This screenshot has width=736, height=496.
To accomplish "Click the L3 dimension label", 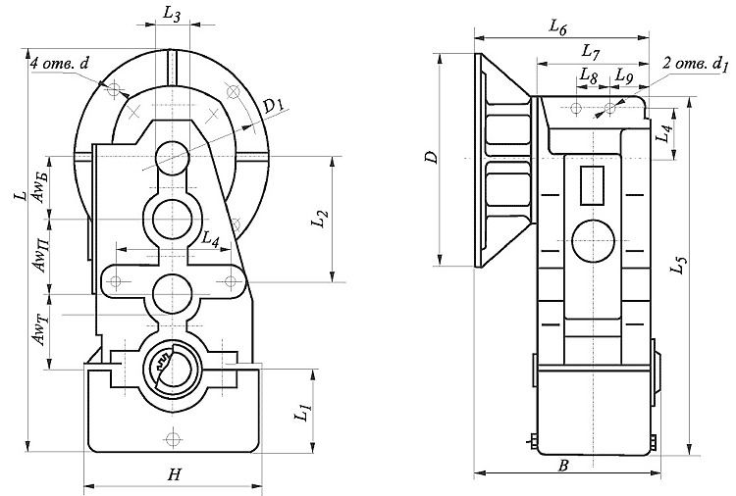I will click(170, 15).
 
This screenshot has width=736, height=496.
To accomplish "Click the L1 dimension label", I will click(303, 410).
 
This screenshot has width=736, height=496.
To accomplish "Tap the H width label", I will click(174, 474).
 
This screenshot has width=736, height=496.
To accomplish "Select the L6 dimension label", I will click(558, 25).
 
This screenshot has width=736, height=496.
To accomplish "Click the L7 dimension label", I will click(591, 49).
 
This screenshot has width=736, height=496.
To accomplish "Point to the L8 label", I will click(588, 74).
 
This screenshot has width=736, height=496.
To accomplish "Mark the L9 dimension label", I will click(625, 74).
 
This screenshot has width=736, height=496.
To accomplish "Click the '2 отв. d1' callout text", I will click(697, 65).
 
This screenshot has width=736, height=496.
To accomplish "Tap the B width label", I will click(563, 467).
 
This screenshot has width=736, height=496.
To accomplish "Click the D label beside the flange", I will click(427, 157).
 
